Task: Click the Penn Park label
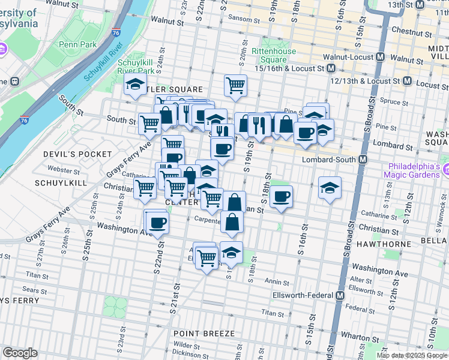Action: point(77,44)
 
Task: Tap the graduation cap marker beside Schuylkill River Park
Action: point(136,84)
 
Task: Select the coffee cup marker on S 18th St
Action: point(280,196)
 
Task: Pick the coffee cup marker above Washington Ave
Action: point(157,223)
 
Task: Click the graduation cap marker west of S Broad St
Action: point(330,188)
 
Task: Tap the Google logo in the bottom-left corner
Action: point(20,353)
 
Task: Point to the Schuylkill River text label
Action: point(103,63)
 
